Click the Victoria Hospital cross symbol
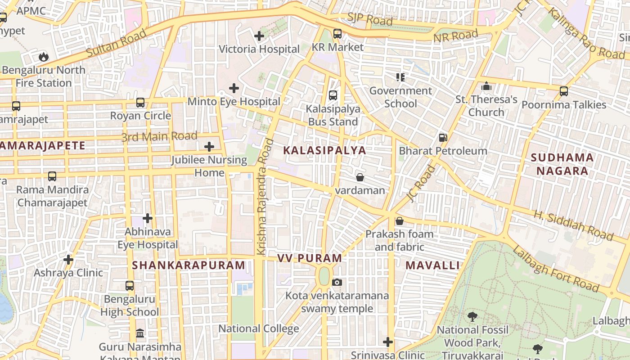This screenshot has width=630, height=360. tap(259, 36)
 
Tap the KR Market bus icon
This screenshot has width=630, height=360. tap(337, 34)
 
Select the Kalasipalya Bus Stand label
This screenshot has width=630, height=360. tap(333, 115)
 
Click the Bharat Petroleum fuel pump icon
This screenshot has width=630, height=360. tap(443, 138)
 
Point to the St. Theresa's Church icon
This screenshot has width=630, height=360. tap(486, 86)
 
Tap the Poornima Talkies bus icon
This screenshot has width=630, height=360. tap(564, 91)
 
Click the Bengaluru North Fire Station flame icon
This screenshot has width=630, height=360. tap(44, 57)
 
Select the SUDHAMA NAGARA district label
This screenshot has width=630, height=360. tap(562, 164)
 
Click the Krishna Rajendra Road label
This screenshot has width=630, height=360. tap(265, 197)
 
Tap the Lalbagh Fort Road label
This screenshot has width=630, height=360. tap(556, 269)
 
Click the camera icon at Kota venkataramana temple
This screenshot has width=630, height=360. tap(337, 282)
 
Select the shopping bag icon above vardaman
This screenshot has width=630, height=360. tap(360, 177)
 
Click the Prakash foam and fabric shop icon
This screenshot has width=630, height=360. tap(399, 221)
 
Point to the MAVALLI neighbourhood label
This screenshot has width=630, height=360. tap(432, 265)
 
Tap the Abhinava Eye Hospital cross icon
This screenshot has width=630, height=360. tap(148, 219)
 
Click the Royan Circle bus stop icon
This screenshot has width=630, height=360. tap(140, 103)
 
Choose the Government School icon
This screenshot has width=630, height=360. tap(400, 77)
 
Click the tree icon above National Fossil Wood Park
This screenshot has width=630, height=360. tap(472, 317)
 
